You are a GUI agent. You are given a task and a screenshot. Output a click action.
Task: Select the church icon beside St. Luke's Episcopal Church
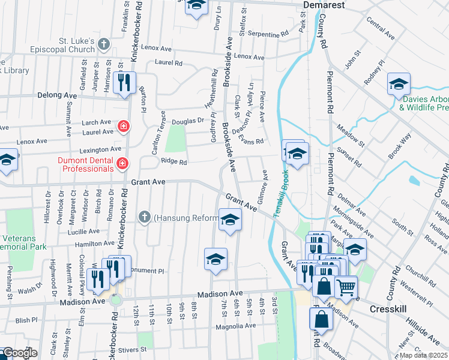103,43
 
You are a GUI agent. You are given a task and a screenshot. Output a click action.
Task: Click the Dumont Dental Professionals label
85,164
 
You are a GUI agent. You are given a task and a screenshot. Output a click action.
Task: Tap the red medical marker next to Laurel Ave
124,126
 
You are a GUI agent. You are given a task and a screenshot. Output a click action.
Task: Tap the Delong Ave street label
57,95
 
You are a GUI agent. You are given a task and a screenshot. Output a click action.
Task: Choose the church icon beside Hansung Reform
144,217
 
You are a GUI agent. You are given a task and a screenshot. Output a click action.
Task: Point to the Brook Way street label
400,146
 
